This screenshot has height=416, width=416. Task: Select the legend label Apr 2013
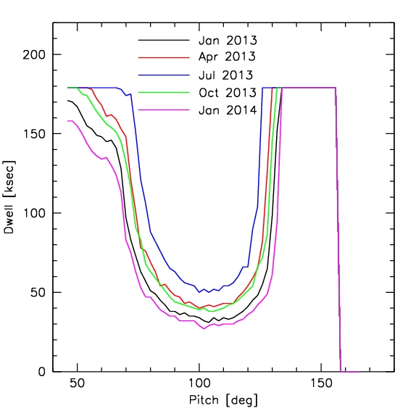pyautogui.click(x=228, y=57)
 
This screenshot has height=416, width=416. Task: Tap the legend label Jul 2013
pyautogui.click(x=228, y=75)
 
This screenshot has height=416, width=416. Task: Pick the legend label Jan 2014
pyautogui.click(x=228, y=110)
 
